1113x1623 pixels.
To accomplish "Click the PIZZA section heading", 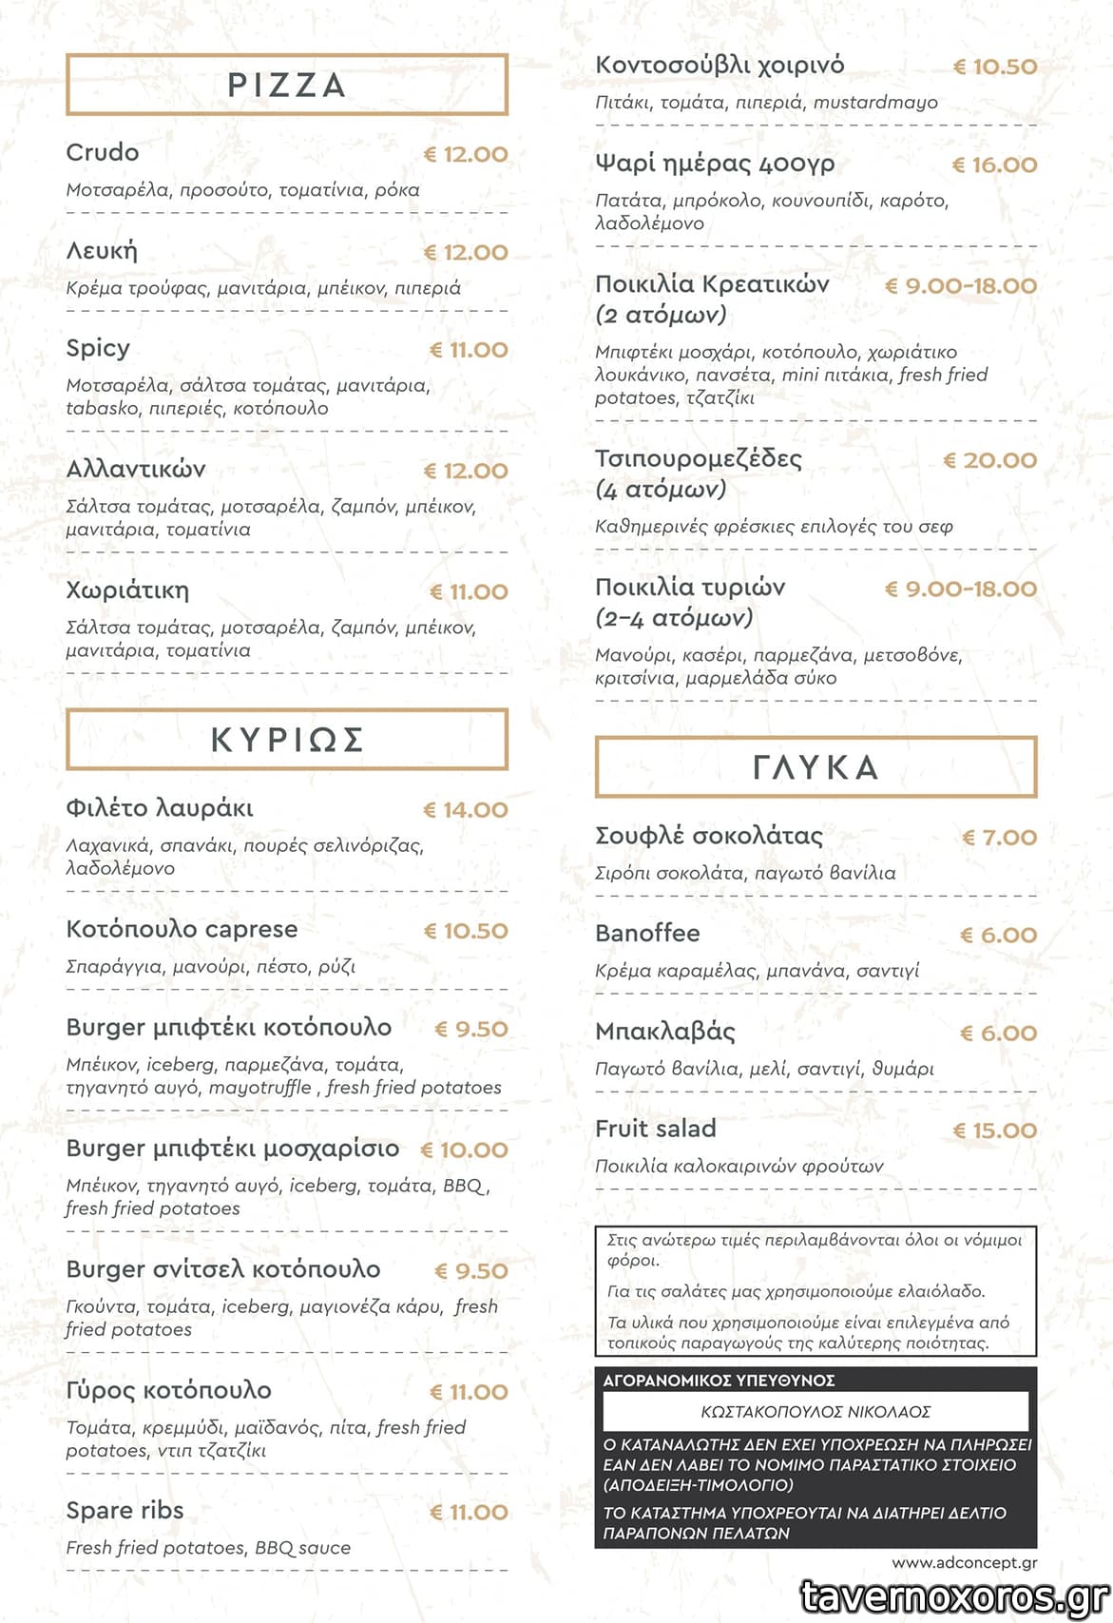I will tap(286, 85).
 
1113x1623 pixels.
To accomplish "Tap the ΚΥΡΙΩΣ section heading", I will tap(286, 740).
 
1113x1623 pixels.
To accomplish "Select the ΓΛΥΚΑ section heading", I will tap(815, 767).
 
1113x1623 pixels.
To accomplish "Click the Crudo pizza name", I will tap(102, 152).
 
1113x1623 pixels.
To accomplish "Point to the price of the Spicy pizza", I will tap(469, 350).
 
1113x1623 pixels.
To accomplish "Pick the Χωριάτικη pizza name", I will tap(127, 590).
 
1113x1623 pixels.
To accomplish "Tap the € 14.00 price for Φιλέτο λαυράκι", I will tap(466, 810).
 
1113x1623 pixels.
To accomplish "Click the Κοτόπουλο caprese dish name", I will tap(182, 929).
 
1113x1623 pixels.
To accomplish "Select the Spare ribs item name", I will tap(125, 1510).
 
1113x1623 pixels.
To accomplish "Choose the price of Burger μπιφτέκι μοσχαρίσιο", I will tap(464, 1150).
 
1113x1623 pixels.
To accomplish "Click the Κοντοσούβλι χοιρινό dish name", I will tap(720, 66).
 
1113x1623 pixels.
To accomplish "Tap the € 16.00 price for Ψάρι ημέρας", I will tap(994, 164).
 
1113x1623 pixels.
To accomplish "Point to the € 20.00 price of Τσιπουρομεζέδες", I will tap(989, 460).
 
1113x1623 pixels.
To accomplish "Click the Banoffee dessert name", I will tap(647, 934).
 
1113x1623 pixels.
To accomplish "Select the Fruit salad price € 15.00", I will tap(994, 1130).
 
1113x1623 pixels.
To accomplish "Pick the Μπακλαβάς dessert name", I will tap(665, 1032).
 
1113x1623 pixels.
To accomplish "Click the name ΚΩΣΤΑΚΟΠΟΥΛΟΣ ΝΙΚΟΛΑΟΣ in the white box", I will tap(816, 1412).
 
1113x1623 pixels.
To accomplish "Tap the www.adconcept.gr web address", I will tap(964, 1562).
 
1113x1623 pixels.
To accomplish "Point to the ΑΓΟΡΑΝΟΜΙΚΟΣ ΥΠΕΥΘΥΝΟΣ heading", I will tap(719, 1381).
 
